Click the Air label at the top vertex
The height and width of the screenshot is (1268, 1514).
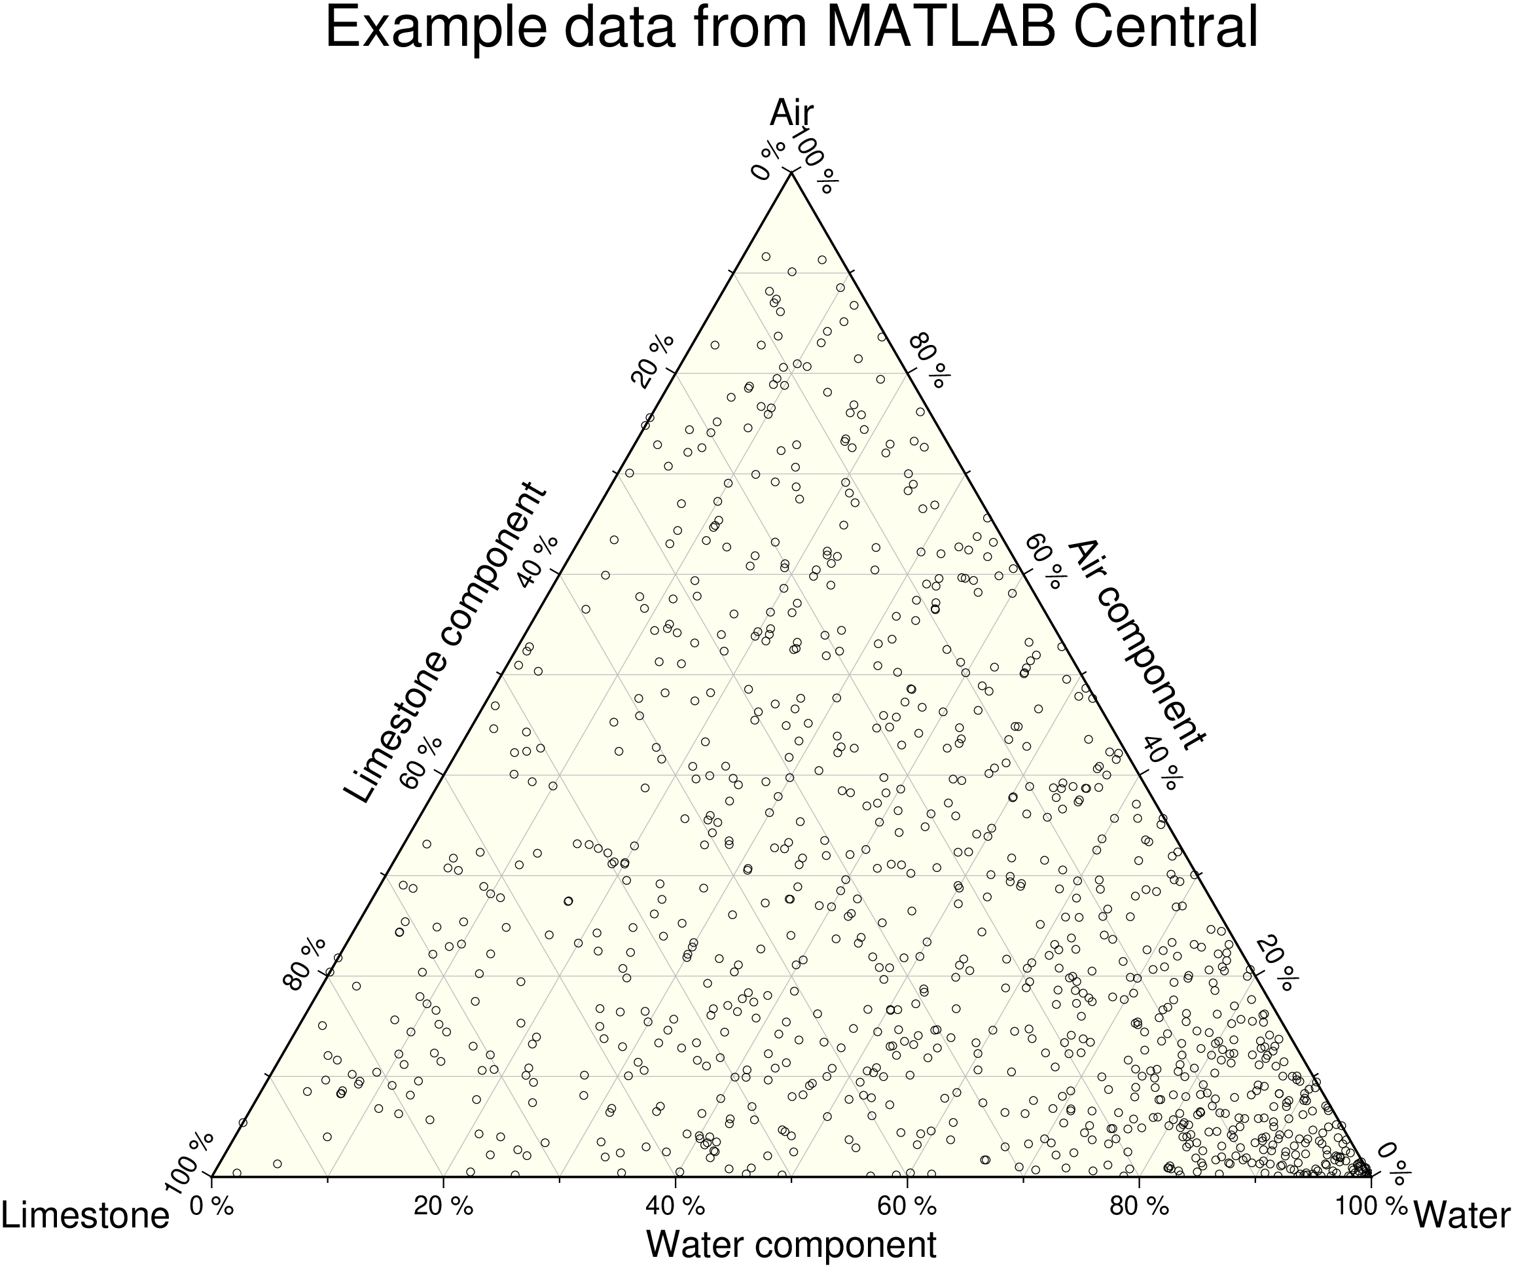coord(791,113)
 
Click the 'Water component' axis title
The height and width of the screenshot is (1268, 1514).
coord(791,1244)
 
